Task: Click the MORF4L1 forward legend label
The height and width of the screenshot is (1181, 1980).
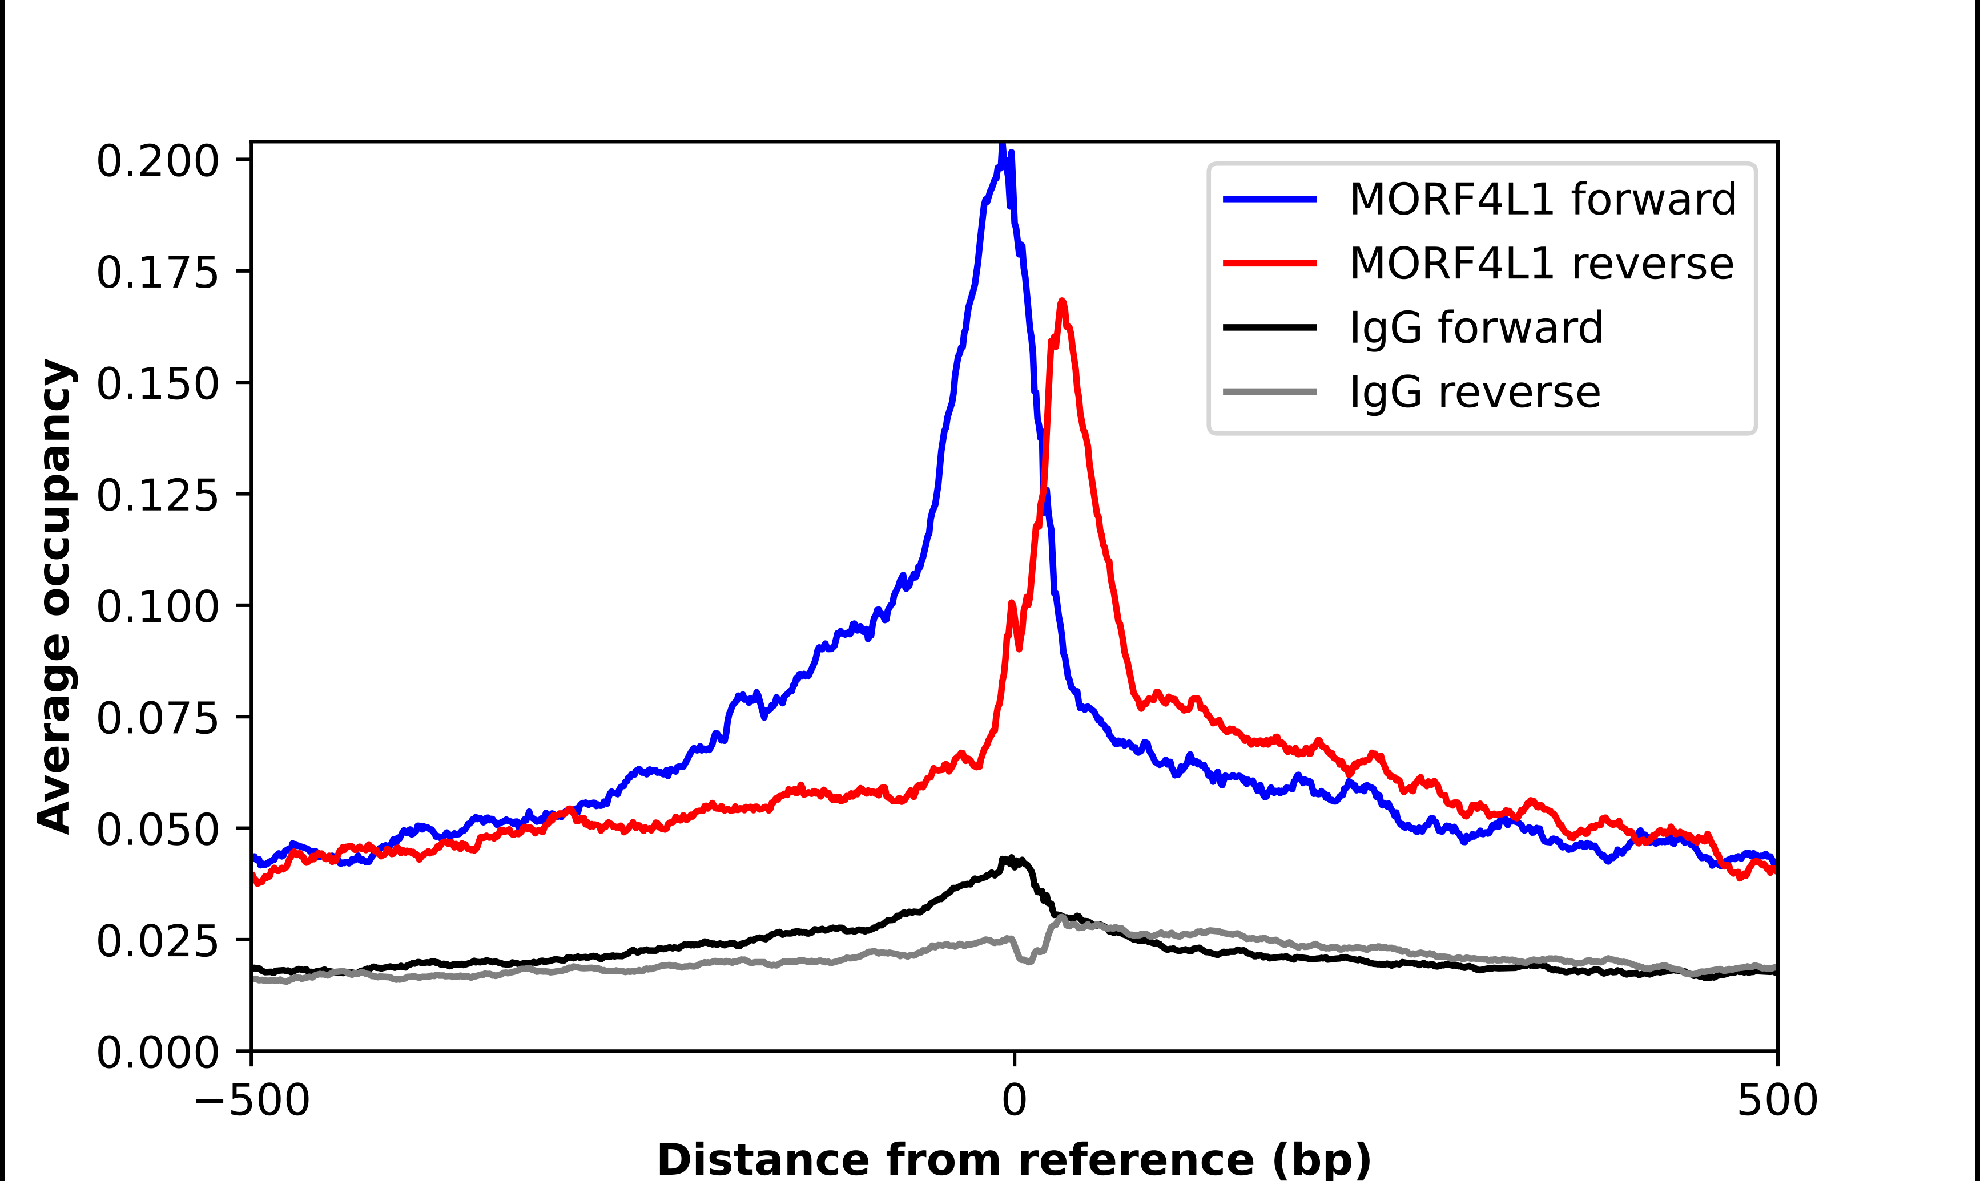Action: click(x=1542, y=199)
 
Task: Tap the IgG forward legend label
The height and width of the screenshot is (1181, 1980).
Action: click(x=1476, y=328)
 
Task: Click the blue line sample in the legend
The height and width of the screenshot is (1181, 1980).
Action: click(x=1270, y=199)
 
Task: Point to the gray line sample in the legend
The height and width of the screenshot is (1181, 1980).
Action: click(x=1270, y=391)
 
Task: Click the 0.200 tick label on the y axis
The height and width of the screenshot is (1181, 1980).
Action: click(x=157, y=161)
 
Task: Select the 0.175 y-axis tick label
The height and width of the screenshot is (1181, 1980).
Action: click(x=157, y=273)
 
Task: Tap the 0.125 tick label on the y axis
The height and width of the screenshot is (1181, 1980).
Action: click(x=157, y=496)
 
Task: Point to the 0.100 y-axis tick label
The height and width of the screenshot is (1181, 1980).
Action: click(x=157, y=607)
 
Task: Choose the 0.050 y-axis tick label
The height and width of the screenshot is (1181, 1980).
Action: click(x=157, y=830)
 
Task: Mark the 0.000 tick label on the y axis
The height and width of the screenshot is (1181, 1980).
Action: click(x=157, y=1053)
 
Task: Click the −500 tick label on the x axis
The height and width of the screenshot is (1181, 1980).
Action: click(x=252, y=1101)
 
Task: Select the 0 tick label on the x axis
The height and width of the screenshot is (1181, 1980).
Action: click(x=1013, y=1101)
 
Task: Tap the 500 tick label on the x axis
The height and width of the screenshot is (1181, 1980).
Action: click(x=1777, y=1101)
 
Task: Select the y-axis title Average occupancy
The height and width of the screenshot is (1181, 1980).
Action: click(x=56, y=597)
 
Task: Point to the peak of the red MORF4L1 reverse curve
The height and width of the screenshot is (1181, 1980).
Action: click(x=1061, y=302)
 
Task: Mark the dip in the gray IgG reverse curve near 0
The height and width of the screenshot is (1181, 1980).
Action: click(x=1028, y=961)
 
